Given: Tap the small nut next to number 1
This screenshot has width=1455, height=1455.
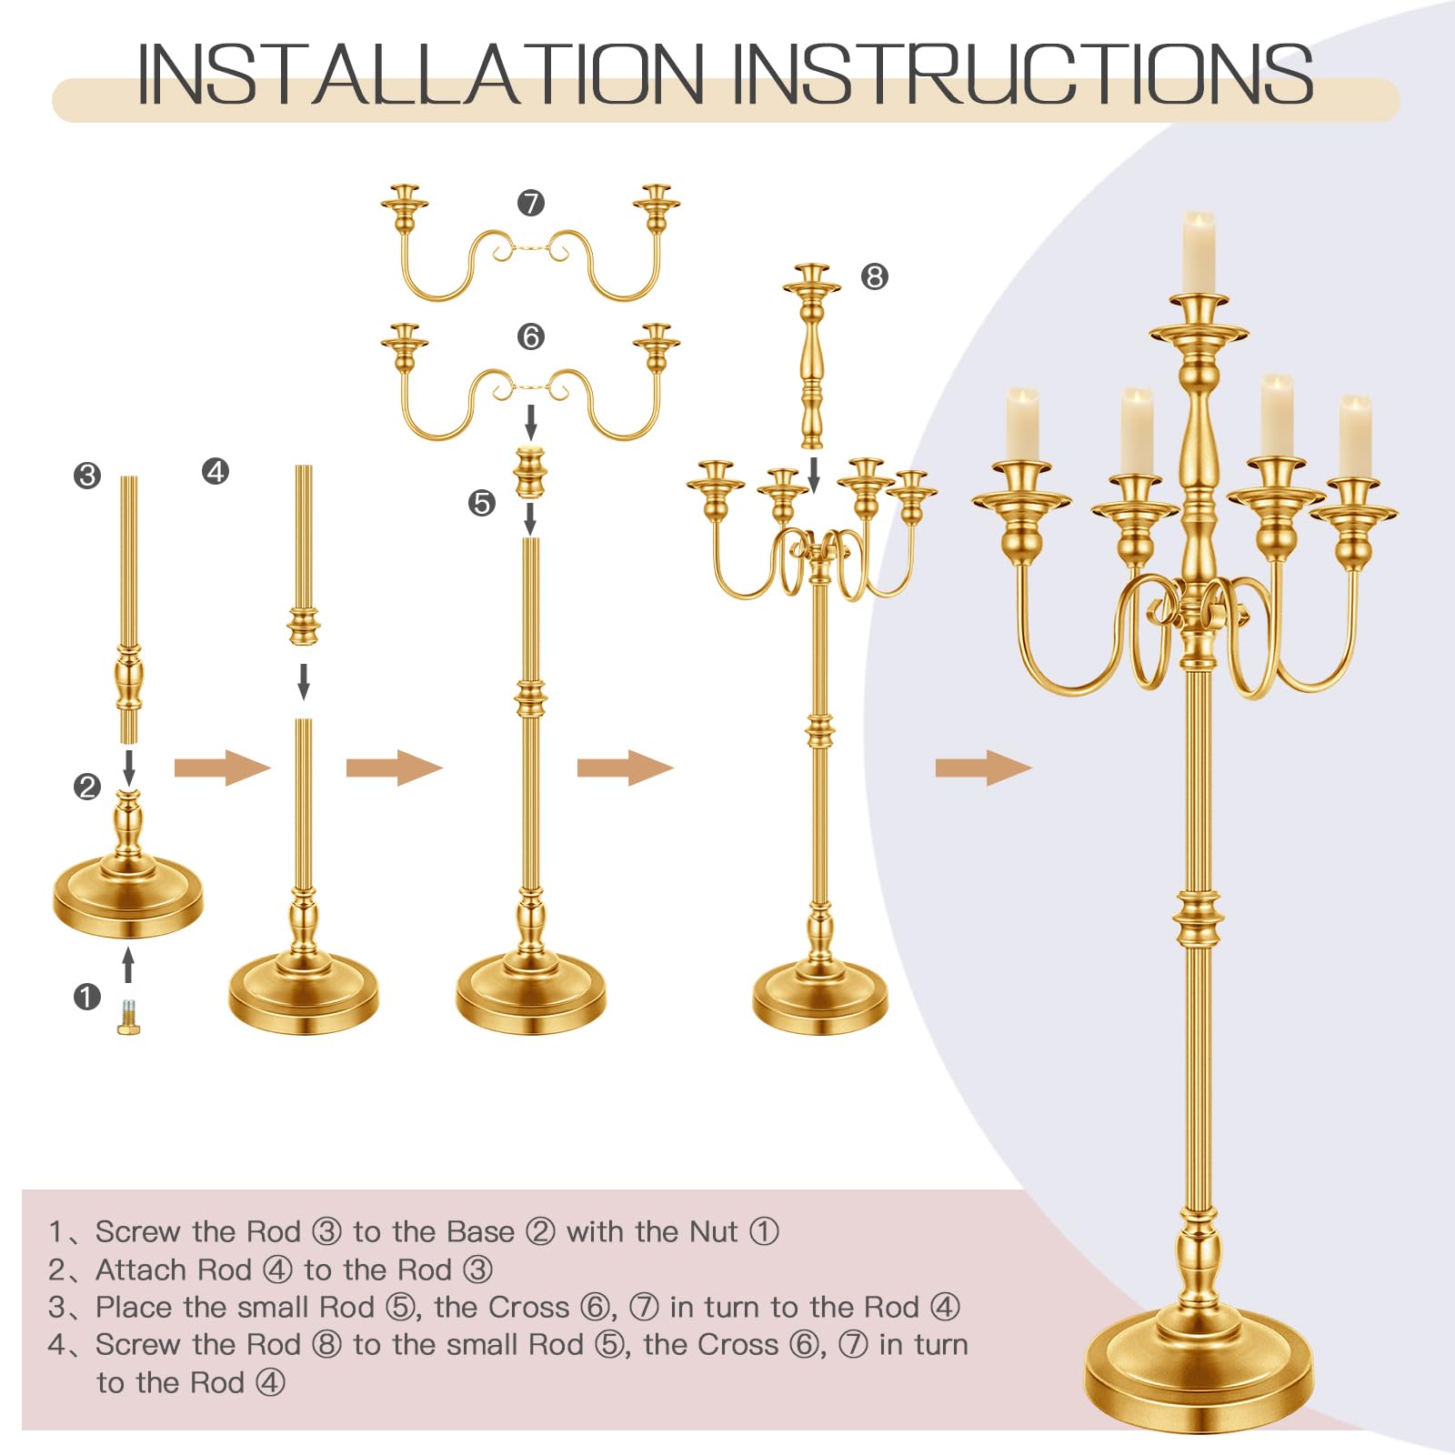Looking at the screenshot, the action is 128,1017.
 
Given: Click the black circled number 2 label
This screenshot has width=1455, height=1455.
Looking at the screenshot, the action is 87,786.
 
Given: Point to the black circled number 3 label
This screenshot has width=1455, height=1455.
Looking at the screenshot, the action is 87,475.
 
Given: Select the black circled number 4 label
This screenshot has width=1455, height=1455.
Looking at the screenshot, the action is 216,471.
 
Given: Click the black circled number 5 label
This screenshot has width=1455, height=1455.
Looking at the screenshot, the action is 482,503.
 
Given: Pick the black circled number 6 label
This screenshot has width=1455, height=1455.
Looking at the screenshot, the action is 531,336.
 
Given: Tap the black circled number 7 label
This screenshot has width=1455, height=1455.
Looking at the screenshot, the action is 531,202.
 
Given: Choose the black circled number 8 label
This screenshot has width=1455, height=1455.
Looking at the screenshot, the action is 875,276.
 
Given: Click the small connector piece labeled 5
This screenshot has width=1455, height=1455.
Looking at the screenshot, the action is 530,472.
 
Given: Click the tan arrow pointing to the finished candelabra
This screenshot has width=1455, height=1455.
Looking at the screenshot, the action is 983,768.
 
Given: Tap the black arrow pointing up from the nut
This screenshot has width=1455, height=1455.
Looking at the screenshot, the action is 128,965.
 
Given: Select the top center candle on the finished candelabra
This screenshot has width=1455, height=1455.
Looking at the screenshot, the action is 1199,254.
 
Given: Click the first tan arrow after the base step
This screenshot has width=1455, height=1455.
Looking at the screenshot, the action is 223,768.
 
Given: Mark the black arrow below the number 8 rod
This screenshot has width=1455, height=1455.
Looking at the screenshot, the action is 815,474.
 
